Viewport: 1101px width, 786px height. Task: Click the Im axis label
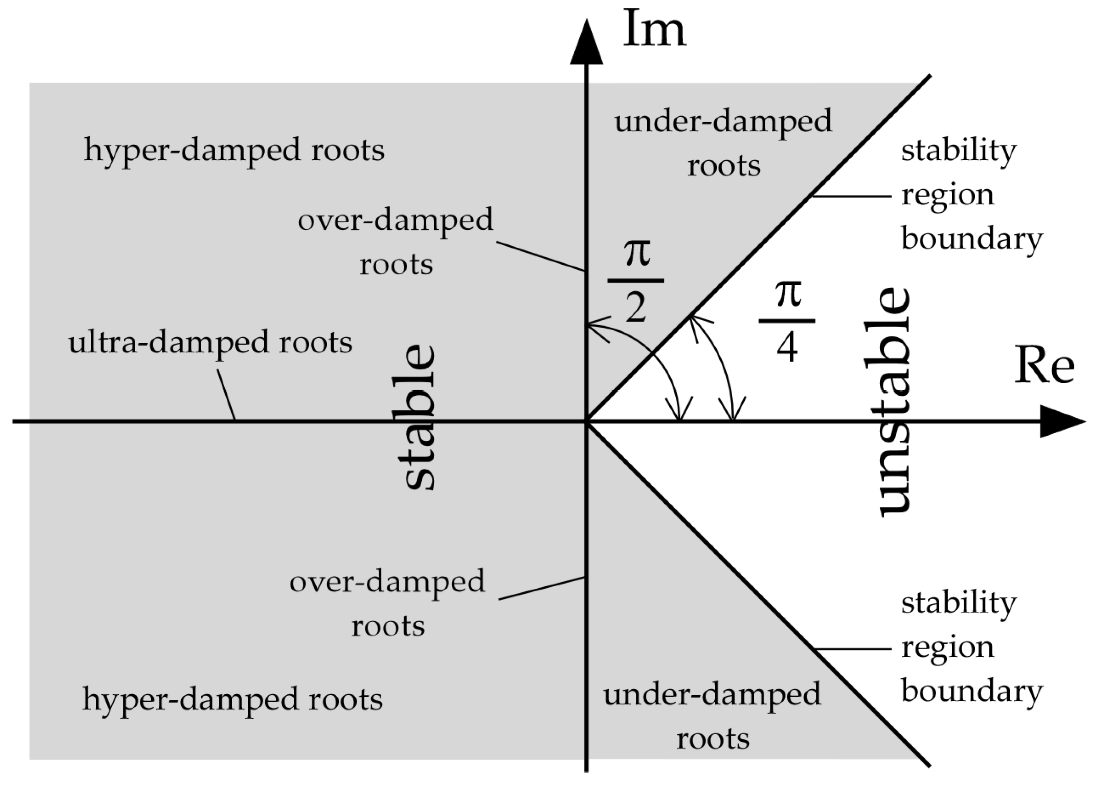coord(654,30)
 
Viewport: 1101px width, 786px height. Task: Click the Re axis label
coord(1044,365)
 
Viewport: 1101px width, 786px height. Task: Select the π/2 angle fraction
coord(636,281)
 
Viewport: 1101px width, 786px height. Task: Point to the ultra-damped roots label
coord(210,343)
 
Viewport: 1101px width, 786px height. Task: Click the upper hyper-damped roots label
coord(234,150)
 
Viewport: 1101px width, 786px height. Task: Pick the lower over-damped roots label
coord(387,603)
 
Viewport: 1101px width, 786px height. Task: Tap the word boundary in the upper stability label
coord(971,239)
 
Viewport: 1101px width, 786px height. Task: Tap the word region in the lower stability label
coord(947,647)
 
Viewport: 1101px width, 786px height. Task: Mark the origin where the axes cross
coord(586,422)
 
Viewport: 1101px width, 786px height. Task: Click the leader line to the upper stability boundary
coord(851,196)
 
